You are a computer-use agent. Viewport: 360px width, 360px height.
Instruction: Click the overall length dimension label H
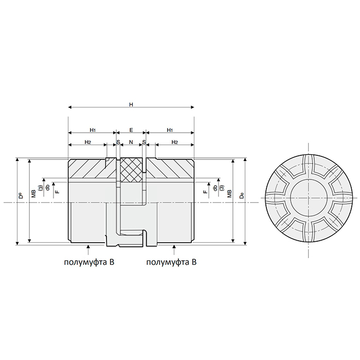[x=131, y=104]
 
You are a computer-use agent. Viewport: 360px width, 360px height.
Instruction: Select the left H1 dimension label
[x=93, y=130]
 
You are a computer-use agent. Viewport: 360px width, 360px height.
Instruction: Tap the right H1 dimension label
[x=170, y=130]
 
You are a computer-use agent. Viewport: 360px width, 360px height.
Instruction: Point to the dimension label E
[x=131, y=130]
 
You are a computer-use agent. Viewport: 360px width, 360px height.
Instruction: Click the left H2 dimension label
[x=88, y=141]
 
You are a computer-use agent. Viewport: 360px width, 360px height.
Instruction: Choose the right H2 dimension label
[x=174, y=141]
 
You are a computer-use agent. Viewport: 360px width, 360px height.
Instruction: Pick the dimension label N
[x=131, y=141]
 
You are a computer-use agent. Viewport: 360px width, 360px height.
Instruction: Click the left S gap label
[x=118, y=141]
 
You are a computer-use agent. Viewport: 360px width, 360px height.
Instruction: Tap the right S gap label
[x=144, y=141]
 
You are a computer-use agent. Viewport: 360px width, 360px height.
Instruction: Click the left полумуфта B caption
[x=88, y=262]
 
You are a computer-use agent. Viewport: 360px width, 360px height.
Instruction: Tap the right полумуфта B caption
[x=172, y=262]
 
